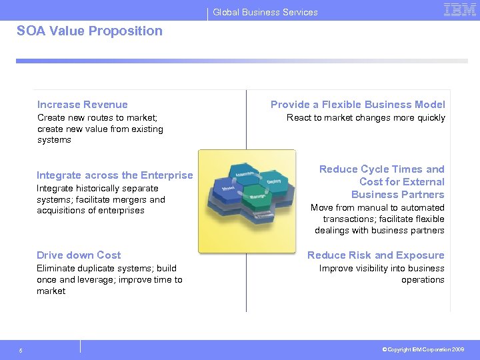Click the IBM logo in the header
(460, 10)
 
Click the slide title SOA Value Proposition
(89, 31)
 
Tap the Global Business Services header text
(265, 12)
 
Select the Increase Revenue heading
(83, 104)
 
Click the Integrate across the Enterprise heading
(115, 175)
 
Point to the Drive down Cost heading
(79, 255)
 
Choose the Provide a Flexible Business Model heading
(357, 104)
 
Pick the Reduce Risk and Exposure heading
(375, 255)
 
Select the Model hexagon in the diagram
(227, 189)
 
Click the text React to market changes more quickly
(365, 118)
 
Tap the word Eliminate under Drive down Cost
(56, 269)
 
